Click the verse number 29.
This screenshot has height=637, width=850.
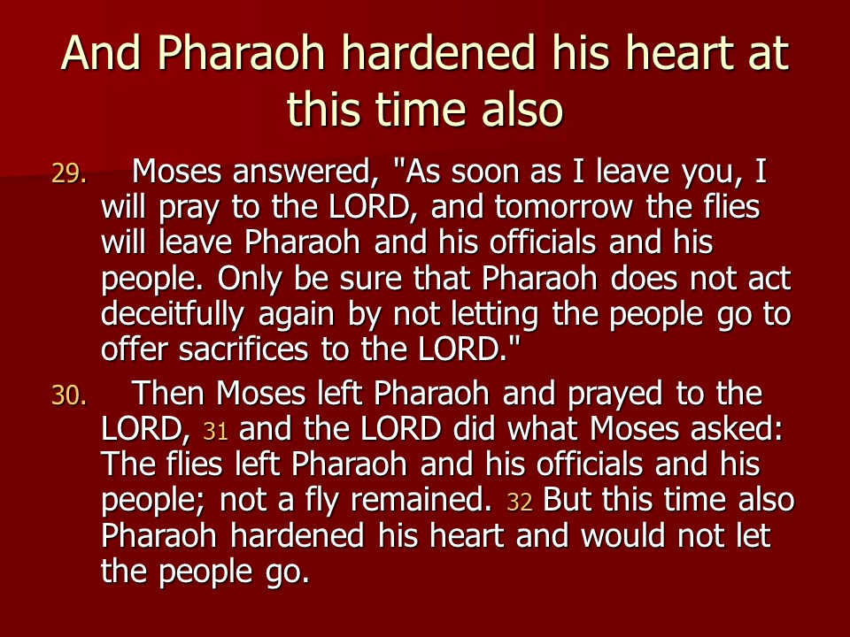pyautogui.click(x=69, y=174)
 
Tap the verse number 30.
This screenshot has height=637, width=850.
pyautogui.click(x=69, y=395)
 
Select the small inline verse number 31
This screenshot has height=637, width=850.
pyautogui.click(x=215, y=432)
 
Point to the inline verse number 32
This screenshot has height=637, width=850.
pyautogui.click(x=520, y=503)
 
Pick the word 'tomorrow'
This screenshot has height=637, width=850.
pyautogui.click(x=563, y=207)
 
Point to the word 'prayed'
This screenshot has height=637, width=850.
pyautogui.click(x=614, y=395)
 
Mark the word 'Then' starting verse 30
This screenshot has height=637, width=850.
pyautogui.click(x=168, y=393)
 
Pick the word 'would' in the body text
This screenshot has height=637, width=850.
pyautogui.click(x=622, y=535)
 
